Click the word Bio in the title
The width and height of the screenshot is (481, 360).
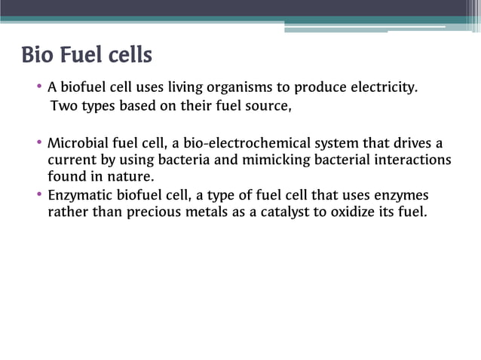pyautogui.click(x=38, y=56)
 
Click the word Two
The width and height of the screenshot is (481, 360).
pyautogui.click(x=63, y=105)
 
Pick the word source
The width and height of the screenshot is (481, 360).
pyautogui.click(x=266, y=105)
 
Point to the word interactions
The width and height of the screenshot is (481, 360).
pyautogui.click(x=413, y=160)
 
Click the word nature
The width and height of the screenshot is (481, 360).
pyautogui.click(x=133, y=177)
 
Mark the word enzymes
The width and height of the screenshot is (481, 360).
pyautogui.click(x=401, y=195)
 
